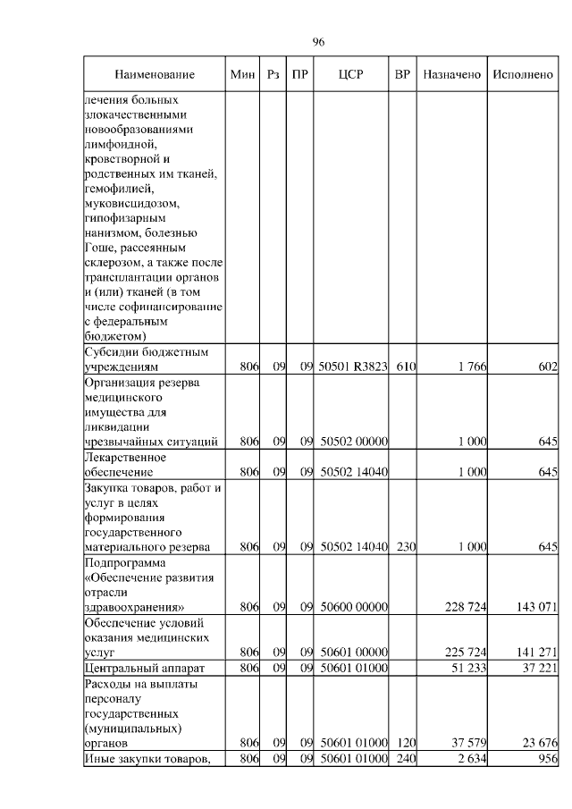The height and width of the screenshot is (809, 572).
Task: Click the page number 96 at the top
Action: click(x=318, y=42)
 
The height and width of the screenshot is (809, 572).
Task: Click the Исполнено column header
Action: click(x=524, y=74)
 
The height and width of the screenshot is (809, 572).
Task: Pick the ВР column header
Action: click(x=403, y=74)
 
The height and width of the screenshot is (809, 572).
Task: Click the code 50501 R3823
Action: click(x=353, y=367)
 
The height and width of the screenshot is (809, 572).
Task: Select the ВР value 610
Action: click(x=406, y=367)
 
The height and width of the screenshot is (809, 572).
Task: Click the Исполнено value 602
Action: click(x=548, y=367)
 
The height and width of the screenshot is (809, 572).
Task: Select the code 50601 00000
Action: click(x=353, y=653)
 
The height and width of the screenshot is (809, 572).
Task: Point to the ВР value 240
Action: click(x=406, y=759)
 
